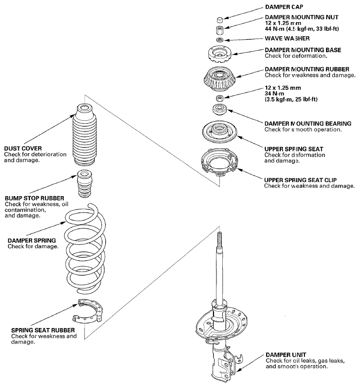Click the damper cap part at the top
pyautogui.click(x=220, y=19)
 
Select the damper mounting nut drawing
pyautogui.click(x=220, y=30)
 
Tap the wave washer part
pyautogui.click(x=220, y=40)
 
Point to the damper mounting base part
pyautogui.click(x=219, y=55)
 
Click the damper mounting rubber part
pyautogui.click(x=219, y=78)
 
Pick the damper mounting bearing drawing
pyautogui.click(x=219, y=110)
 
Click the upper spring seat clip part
pyautogui.click(x=219, y=162)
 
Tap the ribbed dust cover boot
pyautogui.click(x=85, y=134)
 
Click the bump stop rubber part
pyautogui.click(x=85, y=184)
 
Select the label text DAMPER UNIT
pyautogui.click(x=286, y=355)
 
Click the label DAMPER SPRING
pyautogui.click(x=31, y=241)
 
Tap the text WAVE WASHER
pyautogui.click(x=287, y=38)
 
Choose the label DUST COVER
pyautogui.click(x=23, y=148)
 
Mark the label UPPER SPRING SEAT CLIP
pyautogui.click(x=300, y=180)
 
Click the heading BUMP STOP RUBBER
pyautogui.click(x=35, y=198)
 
